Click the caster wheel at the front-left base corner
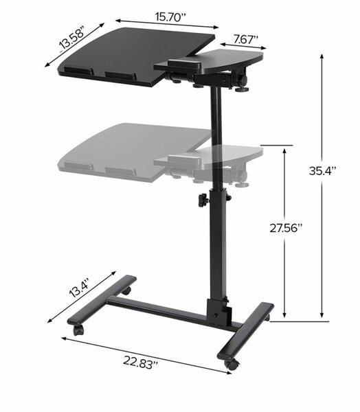pos(78,330)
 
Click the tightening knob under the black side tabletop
pos(241,88)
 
